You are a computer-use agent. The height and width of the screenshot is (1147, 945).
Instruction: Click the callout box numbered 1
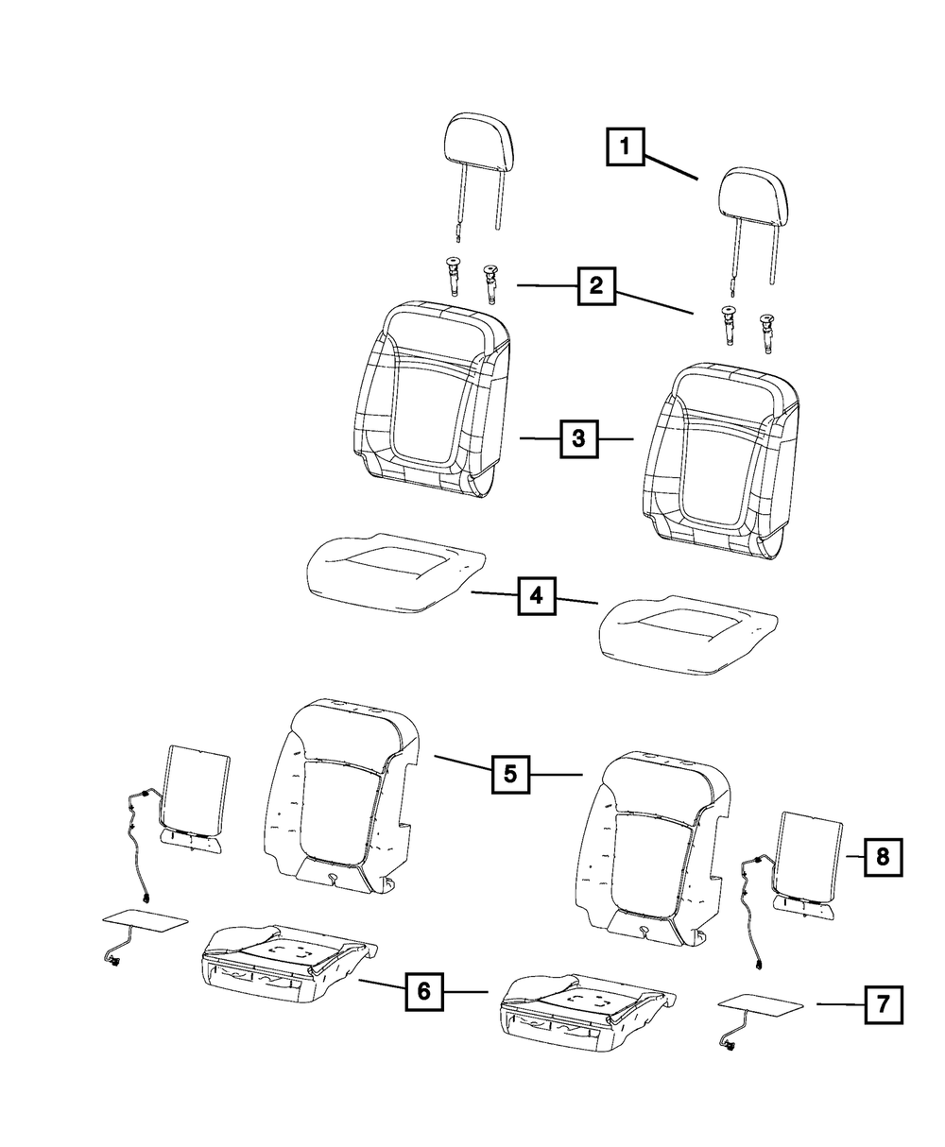tap(625, 148)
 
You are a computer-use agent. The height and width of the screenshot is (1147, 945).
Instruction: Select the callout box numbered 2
tap(596, 284)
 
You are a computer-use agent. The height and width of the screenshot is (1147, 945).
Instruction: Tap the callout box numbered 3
tap(578, 438)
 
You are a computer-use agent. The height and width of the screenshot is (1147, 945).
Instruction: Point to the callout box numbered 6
tap(424, 991)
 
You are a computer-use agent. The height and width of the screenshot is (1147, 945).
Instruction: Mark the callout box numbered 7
tap(883, 1003)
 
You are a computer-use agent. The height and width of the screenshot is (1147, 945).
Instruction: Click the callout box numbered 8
tap(882, 857)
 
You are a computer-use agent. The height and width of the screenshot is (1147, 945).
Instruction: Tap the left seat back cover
tap(431, 397)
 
